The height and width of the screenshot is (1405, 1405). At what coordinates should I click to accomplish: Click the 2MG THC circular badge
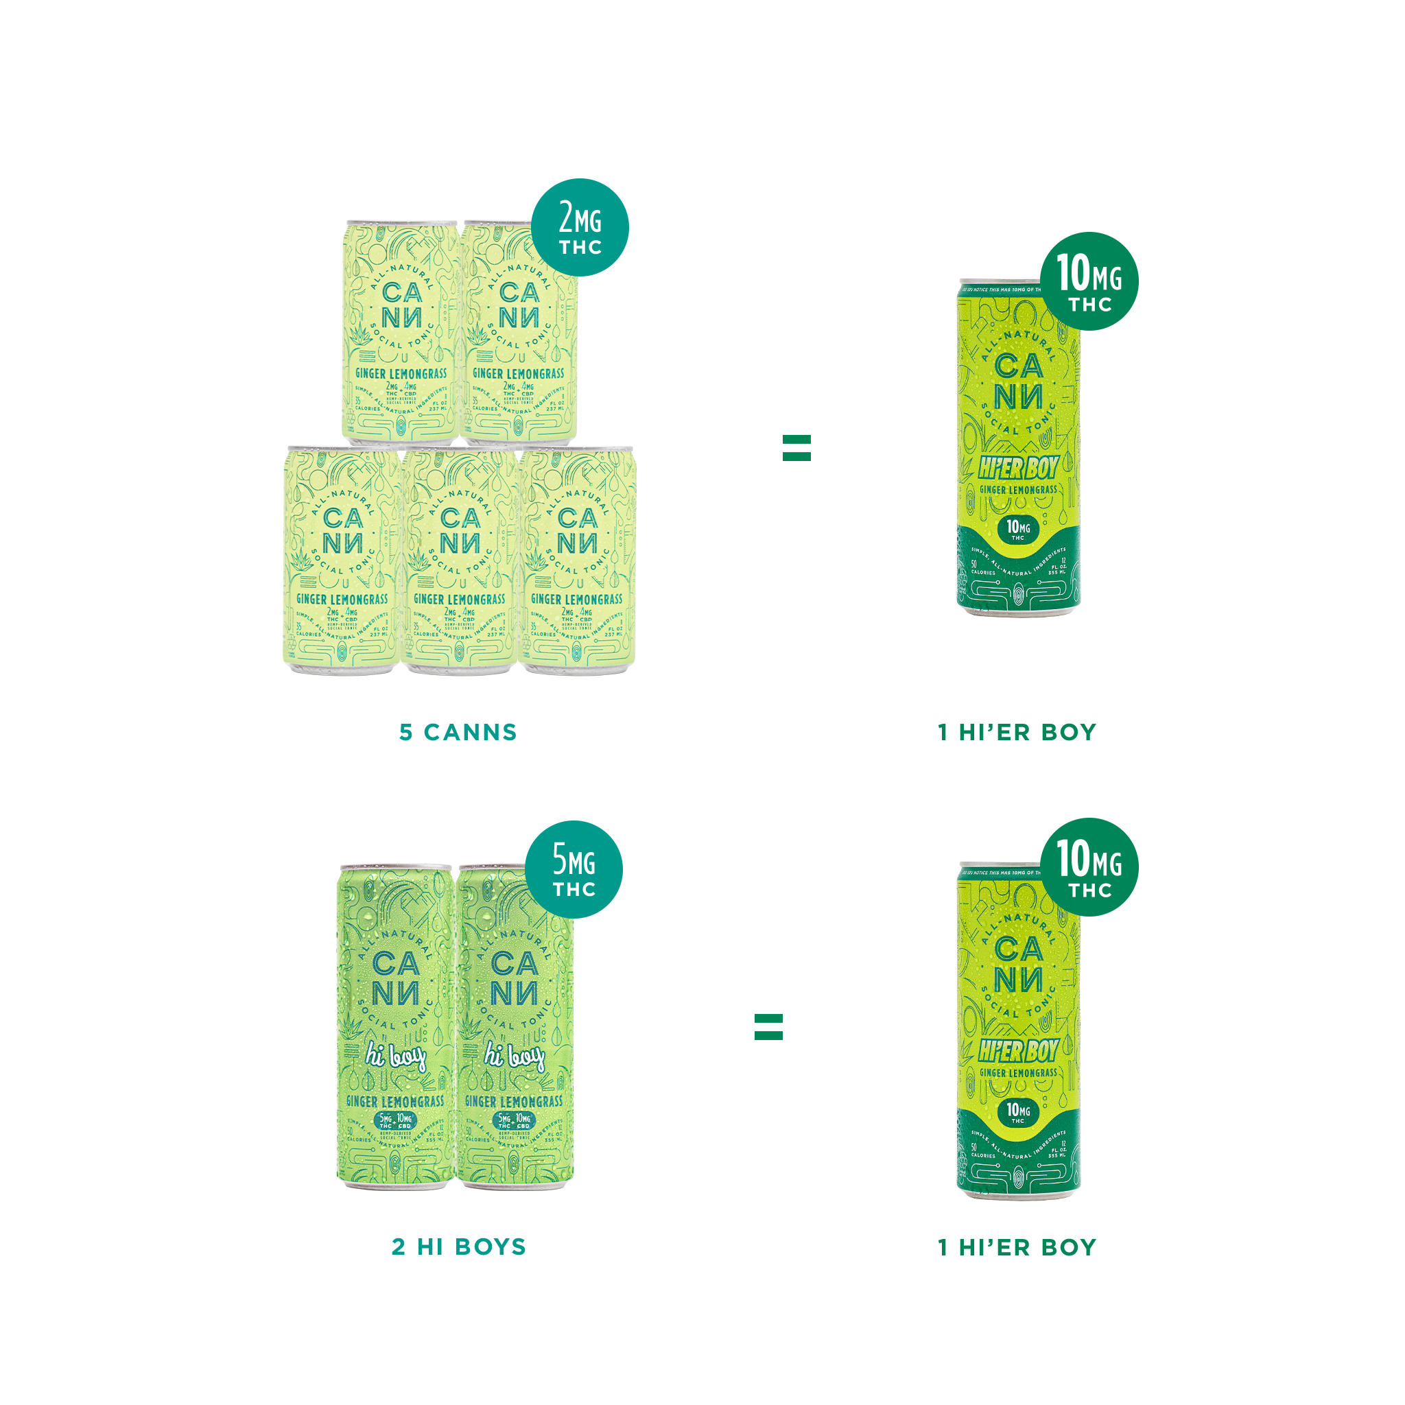click(580, 227)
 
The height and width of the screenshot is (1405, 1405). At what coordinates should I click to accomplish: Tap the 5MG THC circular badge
click(574, 869)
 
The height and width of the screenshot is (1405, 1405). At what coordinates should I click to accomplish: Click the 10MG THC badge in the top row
click(1089, 281)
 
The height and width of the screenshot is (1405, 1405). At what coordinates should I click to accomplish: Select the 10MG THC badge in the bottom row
click(1089, 867)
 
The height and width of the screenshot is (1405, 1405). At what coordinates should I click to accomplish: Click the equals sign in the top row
click(796, 448)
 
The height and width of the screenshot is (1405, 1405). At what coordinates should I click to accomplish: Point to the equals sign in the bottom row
click(768, 1027)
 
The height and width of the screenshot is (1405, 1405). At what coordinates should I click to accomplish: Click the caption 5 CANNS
click(458, 732)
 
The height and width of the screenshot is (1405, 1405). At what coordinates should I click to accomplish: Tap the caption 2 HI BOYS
click(458, 1247)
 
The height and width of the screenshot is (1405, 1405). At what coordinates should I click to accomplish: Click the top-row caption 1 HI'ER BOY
click(1017, 732)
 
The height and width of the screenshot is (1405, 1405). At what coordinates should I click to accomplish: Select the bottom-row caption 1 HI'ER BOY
click(1017, 1247)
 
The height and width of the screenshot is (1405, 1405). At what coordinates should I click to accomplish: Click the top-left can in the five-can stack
click(401, 331)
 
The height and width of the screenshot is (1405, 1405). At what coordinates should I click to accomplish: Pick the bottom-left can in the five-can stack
click(342, 560)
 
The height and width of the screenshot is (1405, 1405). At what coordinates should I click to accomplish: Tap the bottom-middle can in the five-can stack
click(460, 560)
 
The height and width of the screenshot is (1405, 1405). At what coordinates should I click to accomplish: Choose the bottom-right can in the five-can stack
click(578, 560)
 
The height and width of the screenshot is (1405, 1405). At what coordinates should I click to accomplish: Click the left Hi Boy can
click(396, 1026)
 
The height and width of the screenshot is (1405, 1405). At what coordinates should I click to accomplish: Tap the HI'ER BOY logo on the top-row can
click(1017, 469)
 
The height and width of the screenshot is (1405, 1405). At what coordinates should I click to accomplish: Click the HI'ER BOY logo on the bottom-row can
click(1017, 1052)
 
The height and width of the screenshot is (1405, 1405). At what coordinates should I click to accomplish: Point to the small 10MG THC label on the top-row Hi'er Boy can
click(1018, 530)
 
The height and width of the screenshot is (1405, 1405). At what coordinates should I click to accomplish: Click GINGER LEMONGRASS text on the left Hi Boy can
click(396, 1102)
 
